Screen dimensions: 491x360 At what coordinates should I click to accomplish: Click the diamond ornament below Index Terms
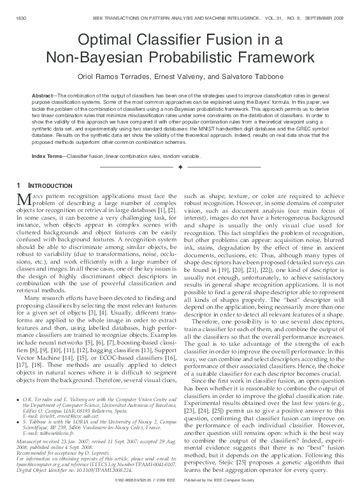[180, 167]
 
